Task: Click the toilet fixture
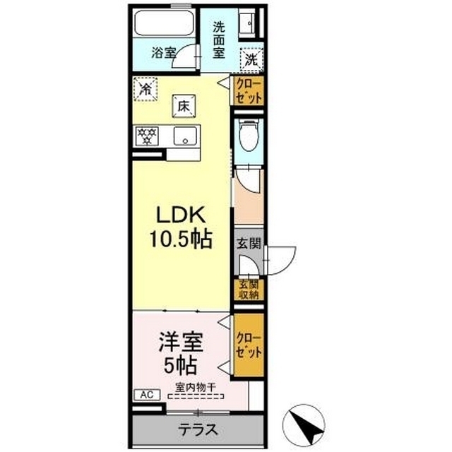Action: point(248,136)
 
